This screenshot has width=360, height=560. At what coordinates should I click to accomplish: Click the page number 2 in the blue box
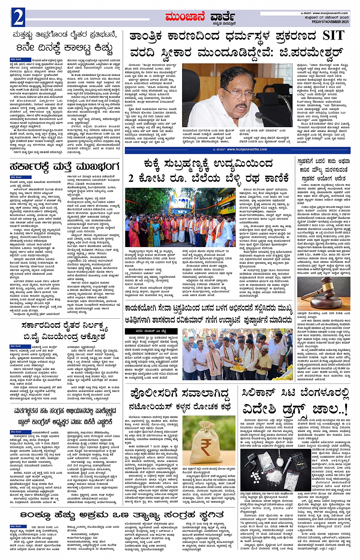[x=18, y=18]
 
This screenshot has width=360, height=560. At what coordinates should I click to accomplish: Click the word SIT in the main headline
[x=333, y=36]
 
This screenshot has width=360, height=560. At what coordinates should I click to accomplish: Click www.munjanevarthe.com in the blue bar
[x=247, y=149]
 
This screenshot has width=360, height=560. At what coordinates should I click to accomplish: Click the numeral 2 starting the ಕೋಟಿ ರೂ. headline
[x=131, y=178]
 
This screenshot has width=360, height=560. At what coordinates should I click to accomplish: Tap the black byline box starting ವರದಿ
[x=145, y=331]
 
